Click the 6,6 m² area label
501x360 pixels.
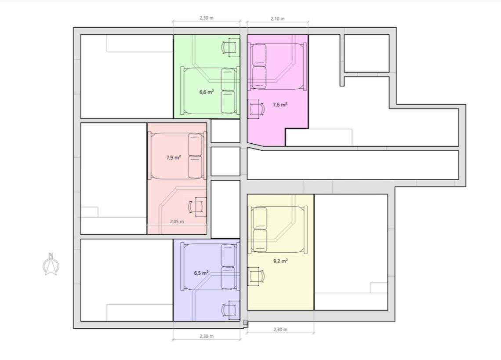(x=207, y=92)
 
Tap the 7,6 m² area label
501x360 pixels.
(x=280, y=105)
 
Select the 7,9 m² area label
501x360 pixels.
(x=174, y=157)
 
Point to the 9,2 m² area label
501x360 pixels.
(x=280, y=261)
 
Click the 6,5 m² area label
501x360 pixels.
(x=201, y=273)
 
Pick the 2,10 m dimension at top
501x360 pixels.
(x=277, y=18)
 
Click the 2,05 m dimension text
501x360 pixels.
(x=177, y=221)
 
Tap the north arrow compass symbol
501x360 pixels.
(x=51, y=264)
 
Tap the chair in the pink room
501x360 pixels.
(x=197, y=207)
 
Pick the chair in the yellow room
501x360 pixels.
(x=256, y=276)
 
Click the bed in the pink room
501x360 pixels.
(x=177, y=156)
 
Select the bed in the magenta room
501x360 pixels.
(x=277, y=66)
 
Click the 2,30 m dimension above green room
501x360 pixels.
(x=207, y=18)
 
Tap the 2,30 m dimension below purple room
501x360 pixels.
(x=207, y=336)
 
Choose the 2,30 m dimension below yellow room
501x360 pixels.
(x=280, y=329)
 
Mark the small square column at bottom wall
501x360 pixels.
(x=245, y=323)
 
